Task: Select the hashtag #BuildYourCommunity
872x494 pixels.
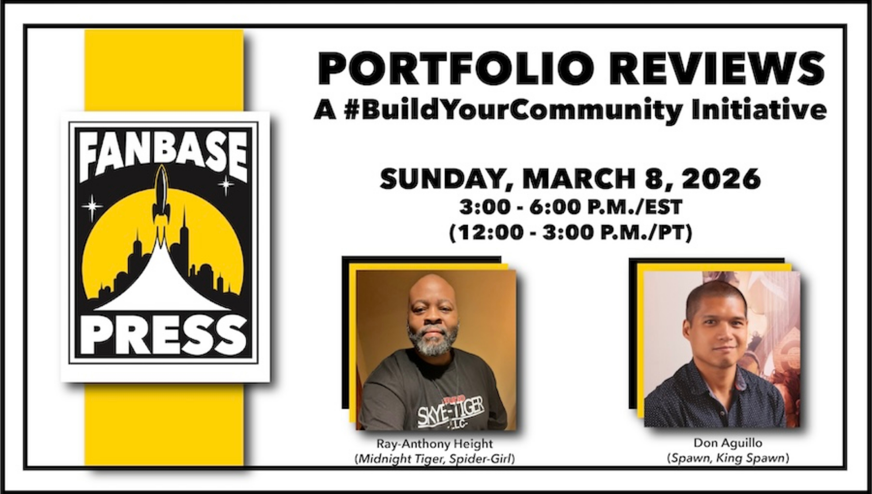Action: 513,110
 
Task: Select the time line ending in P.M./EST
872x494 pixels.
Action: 571,208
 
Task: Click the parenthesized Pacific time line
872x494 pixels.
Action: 571,232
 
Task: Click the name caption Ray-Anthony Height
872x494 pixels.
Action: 435,444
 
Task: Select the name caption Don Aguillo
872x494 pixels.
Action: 728,443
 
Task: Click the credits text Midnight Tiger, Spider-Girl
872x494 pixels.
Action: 435,460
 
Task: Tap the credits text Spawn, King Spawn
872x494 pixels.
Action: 728,459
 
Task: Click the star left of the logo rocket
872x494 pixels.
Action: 92,206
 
